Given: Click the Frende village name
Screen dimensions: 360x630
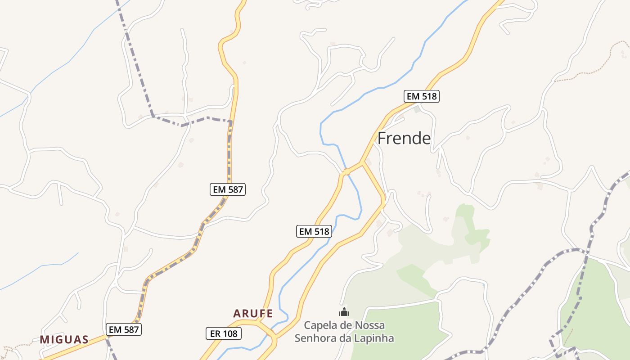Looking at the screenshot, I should pyautogui.click(x=404, y=139).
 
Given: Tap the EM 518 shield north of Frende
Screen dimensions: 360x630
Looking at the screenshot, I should pyautogui.click(x=421, y=96).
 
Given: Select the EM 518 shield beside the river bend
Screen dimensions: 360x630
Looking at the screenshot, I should pyautogui.click(x=315, y=231).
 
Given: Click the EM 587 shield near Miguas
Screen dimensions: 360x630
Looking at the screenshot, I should pyautogui.click(x=124, y=329).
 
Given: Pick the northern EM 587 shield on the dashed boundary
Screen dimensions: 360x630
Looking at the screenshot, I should pyautogui.click(x=228, y=189).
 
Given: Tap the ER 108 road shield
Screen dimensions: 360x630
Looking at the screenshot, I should pyautogui.click(x=224, y=333).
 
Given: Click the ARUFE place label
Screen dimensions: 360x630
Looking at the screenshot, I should pyautogui.click(x=253, y=314).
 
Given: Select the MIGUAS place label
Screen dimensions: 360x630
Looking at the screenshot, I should pyautogui.click(x=64, y=339).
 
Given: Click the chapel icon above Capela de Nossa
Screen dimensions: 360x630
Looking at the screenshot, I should pyautogui.click(x=344, y=312).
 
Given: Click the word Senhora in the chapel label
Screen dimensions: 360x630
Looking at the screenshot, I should pyautogui.click(x=316, y=338).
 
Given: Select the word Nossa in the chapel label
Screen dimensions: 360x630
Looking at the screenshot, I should pyautogui.click(x=371, y=325).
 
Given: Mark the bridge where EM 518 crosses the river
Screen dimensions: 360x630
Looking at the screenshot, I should pyautogui.click(x=346, y=171).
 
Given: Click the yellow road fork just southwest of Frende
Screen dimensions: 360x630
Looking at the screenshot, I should pyautogui.click(x=362, y=162).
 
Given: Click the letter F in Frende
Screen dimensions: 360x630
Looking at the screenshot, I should pyautogui.click(x=382, y=139).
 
